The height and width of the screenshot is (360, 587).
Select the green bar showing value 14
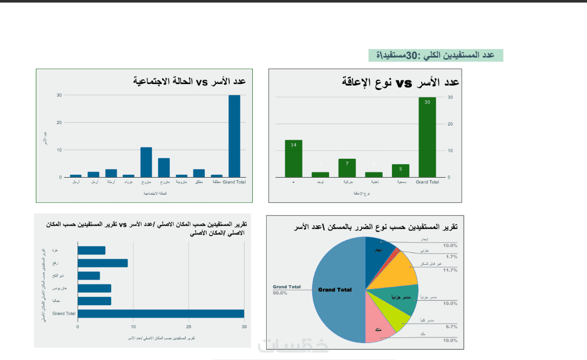coord(293,159)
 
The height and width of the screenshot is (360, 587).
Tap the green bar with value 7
coord(347,168)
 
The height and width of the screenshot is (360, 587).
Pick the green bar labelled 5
coord(400,171)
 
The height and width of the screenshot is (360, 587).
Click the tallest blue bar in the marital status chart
coord(234,136)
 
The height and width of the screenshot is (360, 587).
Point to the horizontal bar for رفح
coord(102,263)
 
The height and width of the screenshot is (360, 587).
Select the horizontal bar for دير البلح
coord(89,276)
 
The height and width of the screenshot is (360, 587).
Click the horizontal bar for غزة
coord(91,250)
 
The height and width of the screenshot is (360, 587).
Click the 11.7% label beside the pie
coord(450,270)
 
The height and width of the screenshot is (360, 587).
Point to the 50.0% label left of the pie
coord(279,293)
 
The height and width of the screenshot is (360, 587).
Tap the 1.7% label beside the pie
coord(451,257)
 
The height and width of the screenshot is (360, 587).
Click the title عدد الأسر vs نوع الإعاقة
coord(400,82)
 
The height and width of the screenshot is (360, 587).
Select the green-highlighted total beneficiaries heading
coord(436,55)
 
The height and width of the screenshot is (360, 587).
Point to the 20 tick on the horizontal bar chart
coord(189,326)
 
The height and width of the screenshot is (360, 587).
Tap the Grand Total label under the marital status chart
coord(234,182)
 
